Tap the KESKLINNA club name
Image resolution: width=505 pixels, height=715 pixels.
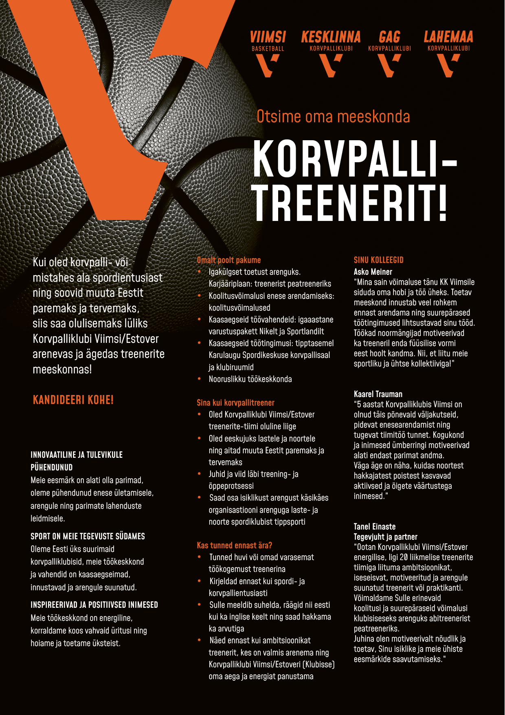(x=331, y=38)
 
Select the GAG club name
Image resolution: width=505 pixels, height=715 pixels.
(x=389, y=38)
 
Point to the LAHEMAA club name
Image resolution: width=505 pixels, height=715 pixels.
(x=448, y=38)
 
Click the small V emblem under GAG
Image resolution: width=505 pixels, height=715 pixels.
(x=389, y=65)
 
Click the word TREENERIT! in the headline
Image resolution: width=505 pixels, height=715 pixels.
(x=350, y=203)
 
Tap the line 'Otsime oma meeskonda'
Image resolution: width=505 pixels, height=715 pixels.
(x=333, y=117)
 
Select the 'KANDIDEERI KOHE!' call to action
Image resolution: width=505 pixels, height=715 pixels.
(x=73, y=400)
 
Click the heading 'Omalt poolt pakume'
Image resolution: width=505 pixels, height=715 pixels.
(x=228, y=260)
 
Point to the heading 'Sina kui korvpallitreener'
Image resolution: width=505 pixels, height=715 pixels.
(x=235, y=403)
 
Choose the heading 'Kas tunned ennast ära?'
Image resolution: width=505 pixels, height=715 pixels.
(x=234, y=545)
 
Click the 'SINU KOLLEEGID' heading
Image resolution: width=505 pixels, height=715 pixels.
(x=378, y=260)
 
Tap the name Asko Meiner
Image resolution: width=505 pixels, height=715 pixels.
(x=373, y=272)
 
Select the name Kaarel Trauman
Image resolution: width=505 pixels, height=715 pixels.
(x=378, y=394)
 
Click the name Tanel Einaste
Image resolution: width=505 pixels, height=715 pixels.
(x=374, y=527)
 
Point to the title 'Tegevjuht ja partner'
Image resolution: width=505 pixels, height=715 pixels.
(x=385, y=537)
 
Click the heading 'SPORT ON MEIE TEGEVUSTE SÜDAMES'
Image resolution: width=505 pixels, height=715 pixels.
(x=88, y=536)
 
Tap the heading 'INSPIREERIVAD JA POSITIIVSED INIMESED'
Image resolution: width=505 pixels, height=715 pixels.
(x=94, y=605)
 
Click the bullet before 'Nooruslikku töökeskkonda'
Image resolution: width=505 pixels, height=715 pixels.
(x=199, y=379)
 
